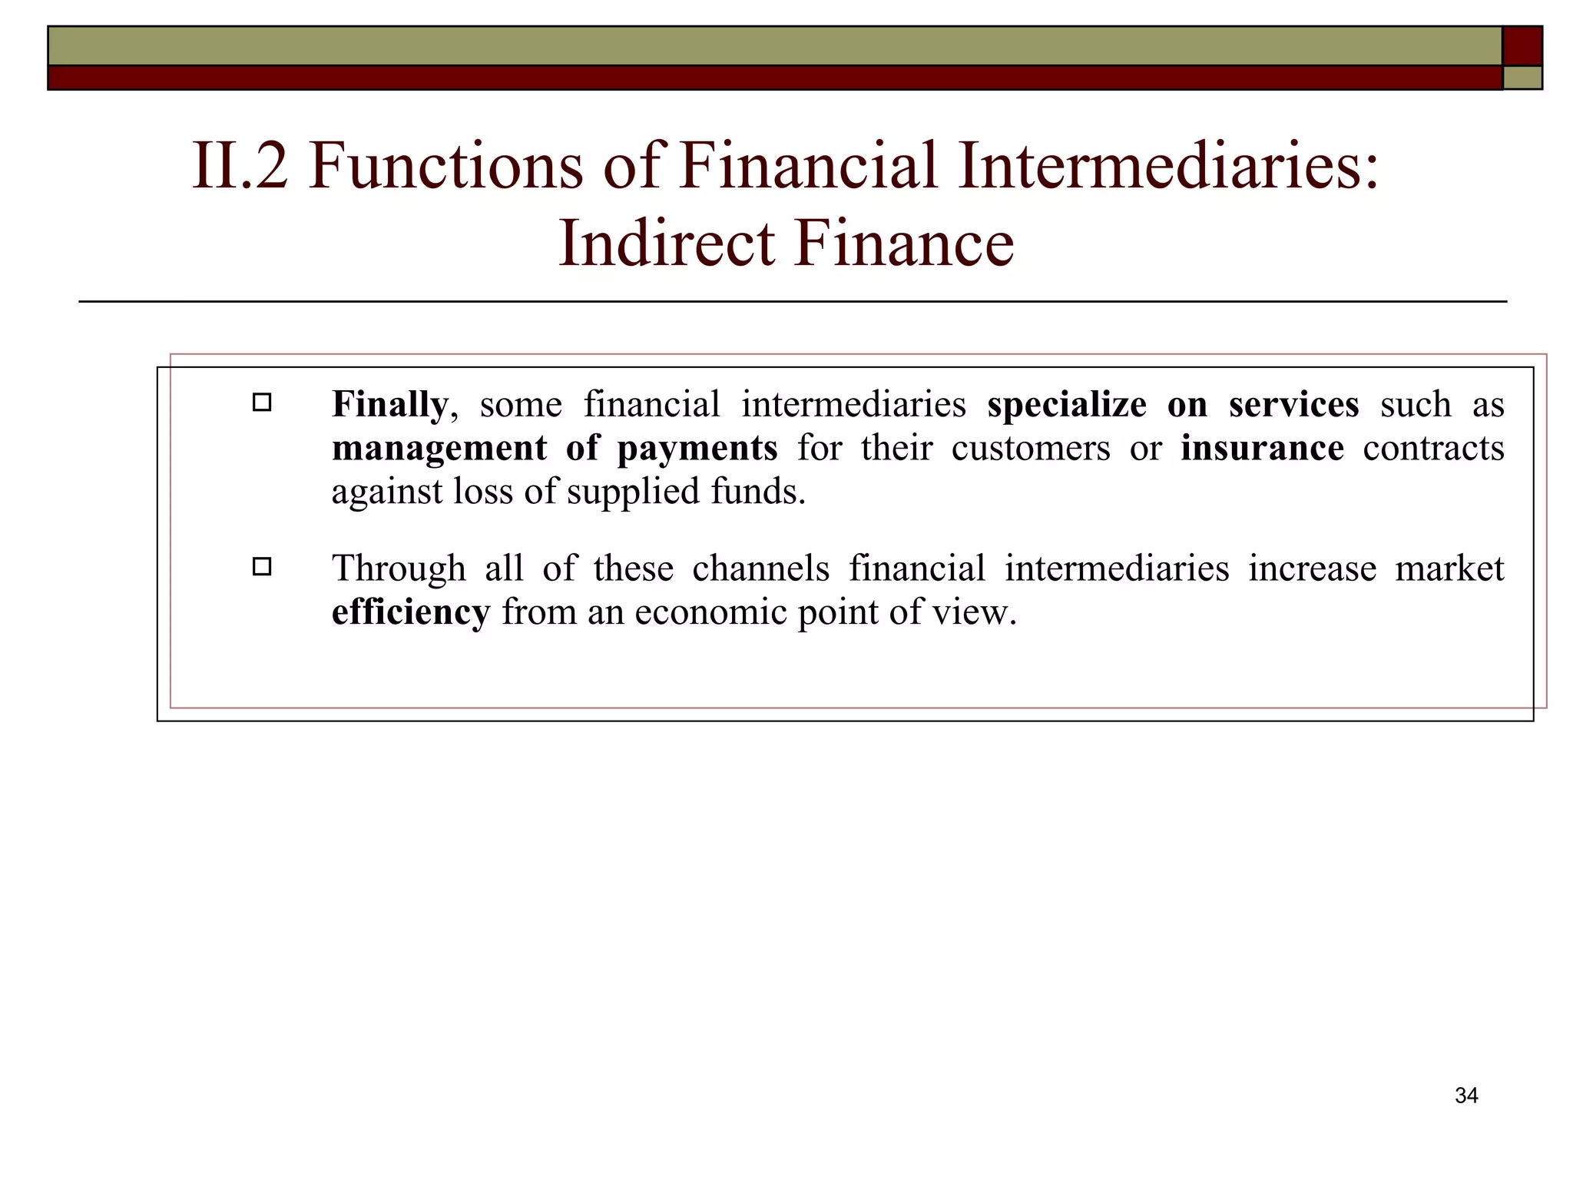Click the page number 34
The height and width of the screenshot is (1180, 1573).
1465,1095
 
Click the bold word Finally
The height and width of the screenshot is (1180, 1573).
389,404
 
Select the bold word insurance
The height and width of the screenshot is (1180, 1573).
1262,448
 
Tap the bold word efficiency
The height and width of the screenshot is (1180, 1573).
410,612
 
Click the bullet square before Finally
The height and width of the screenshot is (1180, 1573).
262,402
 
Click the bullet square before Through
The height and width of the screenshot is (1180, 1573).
262,567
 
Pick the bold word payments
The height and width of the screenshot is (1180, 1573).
697,448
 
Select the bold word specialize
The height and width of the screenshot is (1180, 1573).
1066,404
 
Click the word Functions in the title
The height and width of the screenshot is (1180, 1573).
445,165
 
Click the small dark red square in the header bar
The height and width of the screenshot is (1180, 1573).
1522,46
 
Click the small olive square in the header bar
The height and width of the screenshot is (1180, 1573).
1522,78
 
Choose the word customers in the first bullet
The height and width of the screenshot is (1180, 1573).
1030,448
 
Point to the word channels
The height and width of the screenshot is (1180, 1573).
760,568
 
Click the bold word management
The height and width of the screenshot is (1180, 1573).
439,448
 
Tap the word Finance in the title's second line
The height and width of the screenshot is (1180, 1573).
904,244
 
